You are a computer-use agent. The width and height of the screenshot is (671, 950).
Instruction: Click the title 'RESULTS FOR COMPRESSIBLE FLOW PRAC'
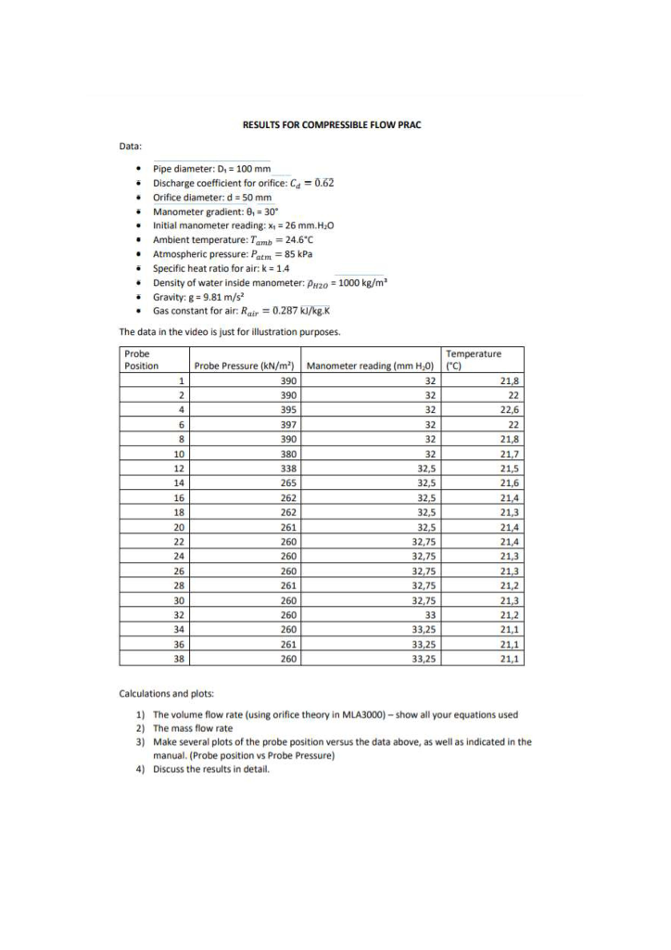(x=332, y=124)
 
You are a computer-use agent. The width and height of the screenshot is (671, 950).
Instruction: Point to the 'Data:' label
(x=132, y=145)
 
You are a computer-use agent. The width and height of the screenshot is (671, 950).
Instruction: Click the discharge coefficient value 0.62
(x=321, y=183)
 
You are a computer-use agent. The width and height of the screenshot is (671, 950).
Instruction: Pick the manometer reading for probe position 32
(x=429, y=614)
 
